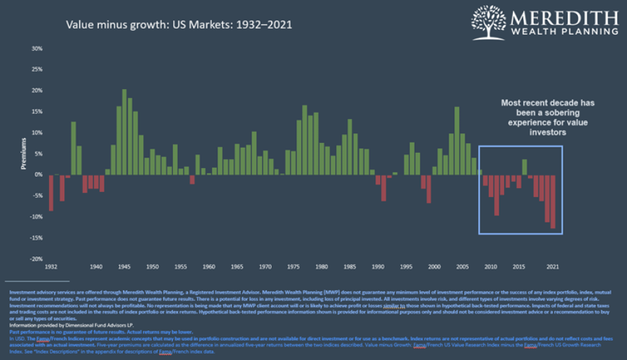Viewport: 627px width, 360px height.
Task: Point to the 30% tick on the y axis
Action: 37,48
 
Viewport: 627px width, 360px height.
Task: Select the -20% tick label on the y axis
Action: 36,258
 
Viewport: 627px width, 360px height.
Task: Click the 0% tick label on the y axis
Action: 39,174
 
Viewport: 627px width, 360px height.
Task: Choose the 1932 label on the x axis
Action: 50,266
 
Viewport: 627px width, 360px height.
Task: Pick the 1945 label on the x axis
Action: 124,266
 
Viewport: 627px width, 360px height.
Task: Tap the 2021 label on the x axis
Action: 552,266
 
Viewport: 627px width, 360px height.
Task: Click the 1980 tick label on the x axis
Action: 321,266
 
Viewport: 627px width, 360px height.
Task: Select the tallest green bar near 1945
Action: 124,131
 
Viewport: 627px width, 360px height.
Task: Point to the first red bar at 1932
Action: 50,192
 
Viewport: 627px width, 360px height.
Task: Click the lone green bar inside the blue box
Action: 524,167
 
